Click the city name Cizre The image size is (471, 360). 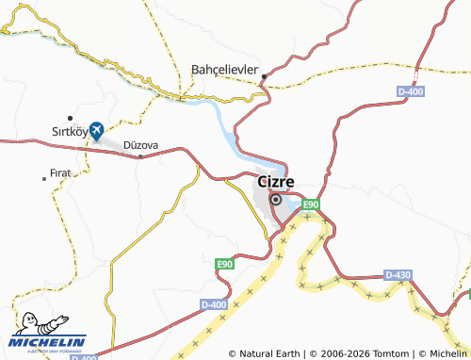[275, 180]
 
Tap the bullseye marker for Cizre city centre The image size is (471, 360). [276, 200]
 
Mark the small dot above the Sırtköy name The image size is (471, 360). [70, 118]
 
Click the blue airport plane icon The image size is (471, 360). [97, 133]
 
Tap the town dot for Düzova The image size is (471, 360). [140, 156]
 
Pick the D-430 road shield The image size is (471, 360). [398, 274]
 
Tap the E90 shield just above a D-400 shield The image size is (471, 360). [224, 265]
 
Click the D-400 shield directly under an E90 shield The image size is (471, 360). [214, 304]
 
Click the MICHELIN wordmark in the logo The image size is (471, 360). [49, 342]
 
